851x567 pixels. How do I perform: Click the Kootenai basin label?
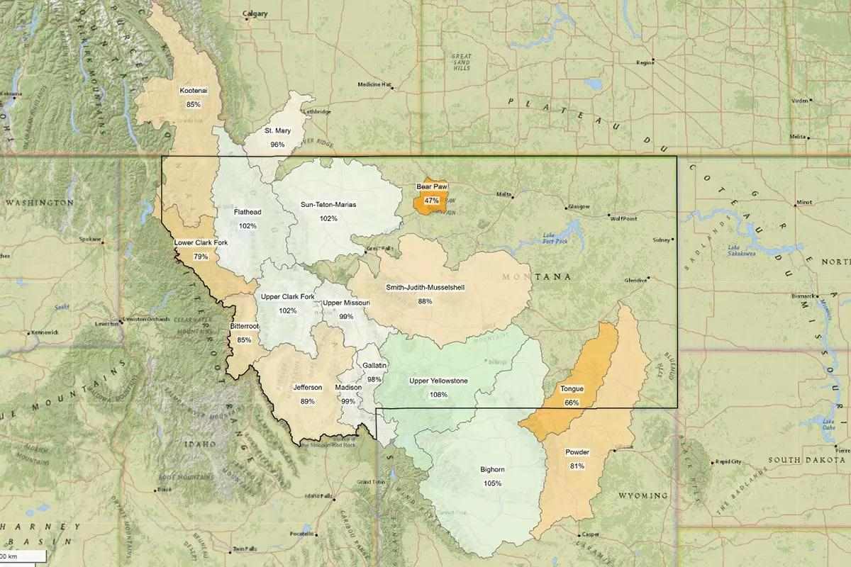coord(194,91)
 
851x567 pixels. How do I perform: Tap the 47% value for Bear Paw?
coord(432,201)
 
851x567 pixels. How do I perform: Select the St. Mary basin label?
coord(277,131)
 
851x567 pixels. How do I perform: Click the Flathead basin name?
coord(247,212)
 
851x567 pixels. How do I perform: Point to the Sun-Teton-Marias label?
coord(328,205)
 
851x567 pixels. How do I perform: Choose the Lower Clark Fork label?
coord(201,243)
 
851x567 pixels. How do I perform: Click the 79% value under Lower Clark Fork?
coord(201,257)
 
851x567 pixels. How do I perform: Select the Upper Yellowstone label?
coord(438,381)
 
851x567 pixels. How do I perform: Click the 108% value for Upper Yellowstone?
coord(438,395)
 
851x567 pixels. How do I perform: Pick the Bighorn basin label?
coord(493,470)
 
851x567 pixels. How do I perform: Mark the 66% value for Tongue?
coord(572,403)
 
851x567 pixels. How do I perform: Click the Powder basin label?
coord(577,452)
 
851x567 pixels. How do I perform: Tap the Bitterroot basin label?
coord(244,327)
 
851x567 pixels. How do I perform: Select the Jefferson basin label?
coord(308,388)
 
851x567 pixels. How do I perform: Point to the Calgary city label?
coord(255,13)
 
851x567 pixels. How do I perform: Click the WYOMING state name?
coord(643,495)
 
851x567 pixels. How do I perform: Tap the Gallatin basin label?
coord(374,365)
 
